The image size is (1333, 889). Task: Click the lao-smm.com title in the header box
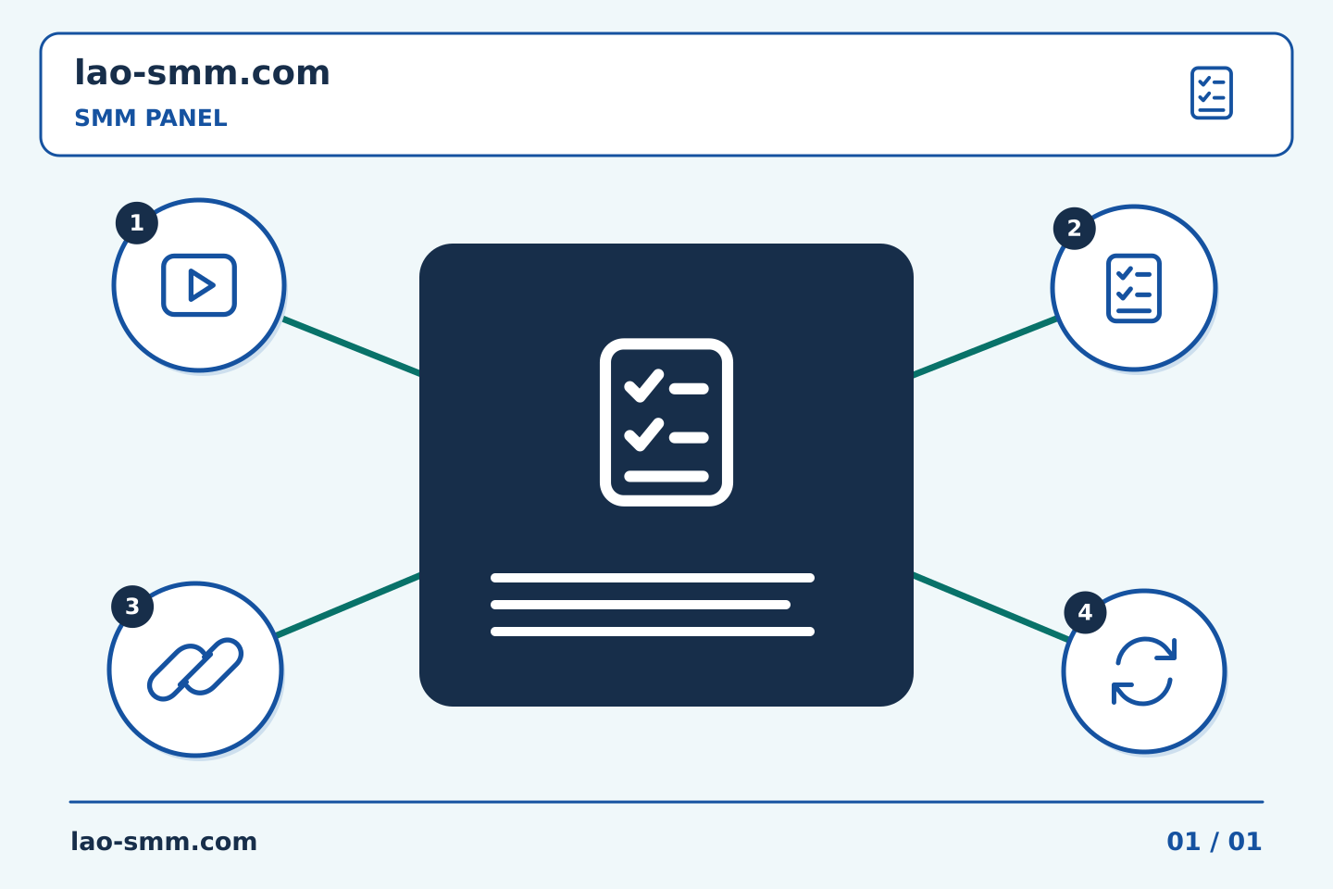pos(202,72)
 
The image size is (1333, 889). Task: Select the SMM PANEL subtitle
pos(151,118)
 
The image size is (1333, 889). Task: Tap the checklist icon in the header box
pos(1211,93)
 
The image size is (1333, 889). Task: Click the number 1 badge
pos(137,222)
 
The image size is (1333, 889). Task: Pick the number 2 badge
pos(1074,228)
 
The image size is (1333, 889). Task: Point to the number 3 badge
pos(132,607)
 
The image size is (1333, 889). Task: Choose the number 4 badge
pos(1085,612)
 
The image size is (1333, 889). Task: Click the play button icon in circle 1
pos(199,285)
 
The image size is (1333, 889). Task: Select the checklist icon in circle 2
pos(1134,288)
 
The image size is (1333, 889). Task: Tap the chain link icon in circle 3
pos(195,670)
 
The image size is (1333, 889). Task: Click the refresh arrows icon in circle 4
pos(1144,671)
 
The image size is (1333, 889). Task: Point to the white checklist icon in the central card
pos(666,422)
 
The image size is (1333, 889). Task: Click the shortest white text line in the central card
pos(641,605)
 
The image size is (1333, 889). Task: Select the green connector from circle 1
pos(351,346)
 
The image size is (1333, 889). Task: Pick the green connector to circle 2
pos(985,346)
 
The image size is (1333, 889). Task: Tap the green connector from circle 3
pos(348,605)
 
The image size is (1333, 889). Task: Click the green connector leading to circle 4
pos(990,607)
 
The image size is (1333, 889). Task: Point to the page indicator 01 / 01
pos(1214,842)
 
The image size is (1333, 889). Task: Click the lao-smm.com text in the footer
pos(164,842)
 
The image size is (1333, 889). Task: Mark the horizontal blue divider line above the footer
pos(666,802)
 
